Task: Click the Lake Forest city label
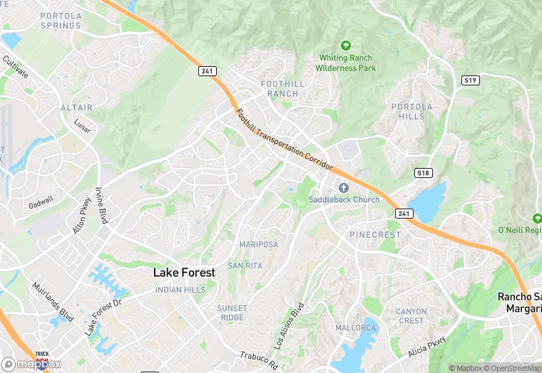click(x=185, y=273)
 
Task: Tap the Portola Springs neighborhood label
click(x=61, y=21)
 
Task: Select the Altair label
click(x=77, y=107)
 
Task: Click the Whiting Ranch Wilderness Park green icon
click(x=346, y=46)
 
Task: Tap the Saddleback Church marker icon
click(x=343, y=187)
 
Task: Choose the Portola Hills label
click(x=408, y=112)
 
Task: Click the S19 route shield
click(x=470, y=80)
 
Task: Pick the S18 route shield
click(x=423, y=173)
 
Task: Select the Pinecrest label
click(x=374, y=235)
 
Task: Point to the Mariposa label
click(x=258, y=244)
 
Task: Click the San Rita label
click(x=245, y=266)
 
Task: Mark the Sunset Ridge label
click(x=232, y=312)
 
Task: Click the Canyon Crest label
click(x=411, y=316)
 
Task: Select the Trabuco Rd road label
click(x=257, y=359)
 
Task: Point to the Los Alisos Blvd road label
click(x=290, y=325)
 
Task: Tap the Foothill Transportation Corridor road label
click(x=285, y=139)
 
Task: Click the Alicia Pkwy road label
click(x=427, y=347)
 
